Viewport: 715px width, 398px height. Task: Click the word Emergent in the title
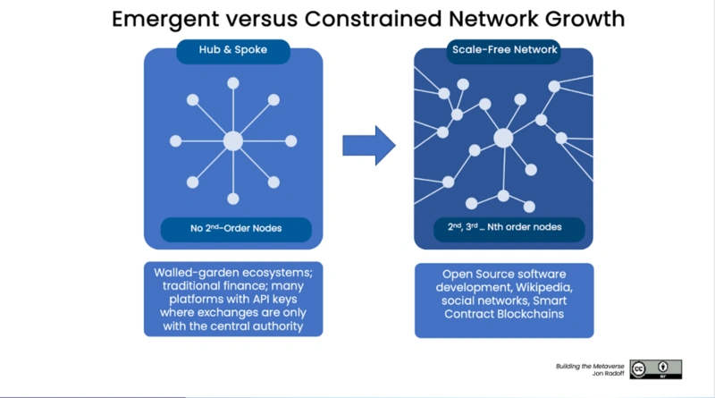tap(165, 20)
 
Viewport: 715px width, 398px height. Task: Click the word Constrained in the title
tap(373, 19)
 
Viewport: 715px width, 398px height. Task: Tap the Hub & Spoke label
tap(233, 50)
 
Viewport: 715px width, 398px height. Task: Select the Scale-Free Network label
tap(504, 50)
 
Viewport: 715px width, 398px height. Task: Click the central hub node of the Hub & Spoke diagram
tap(233, 141)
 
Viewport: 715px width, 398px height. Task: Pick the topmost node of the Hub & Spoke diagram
tap(233, 83)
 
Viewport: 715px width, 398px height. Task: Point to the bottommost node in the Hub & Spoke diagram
tap(233, 199)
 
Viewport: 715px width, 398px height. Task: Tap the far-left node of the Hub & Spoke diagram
tap(175, 141)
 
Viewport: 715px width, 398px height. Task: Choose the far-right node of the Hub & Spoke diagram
tap(291, 141)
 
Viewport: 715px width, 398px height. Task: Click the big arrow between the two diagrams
tap(369, 146)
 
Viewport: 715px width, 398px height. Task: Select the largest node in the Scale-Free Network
tap(503, 139)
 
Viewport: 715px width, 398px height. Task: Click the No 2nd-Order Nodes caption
tap(236, 228)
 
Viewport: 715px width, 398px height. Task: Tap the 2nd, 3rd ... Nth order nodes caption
tap(504, 227)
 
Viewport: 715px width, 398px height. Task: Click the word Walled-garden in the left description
tap(198, 273)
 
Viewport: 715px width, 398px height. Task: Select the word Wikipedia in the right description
tap(544, 288)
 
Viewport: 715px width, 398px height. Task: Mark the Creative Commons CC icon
tap(638, 369)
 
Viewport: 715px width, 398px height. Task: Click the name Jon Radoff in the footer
tap(609, 373)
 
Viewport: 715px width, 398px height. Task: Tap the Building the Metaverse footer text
tap(590, 366)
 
